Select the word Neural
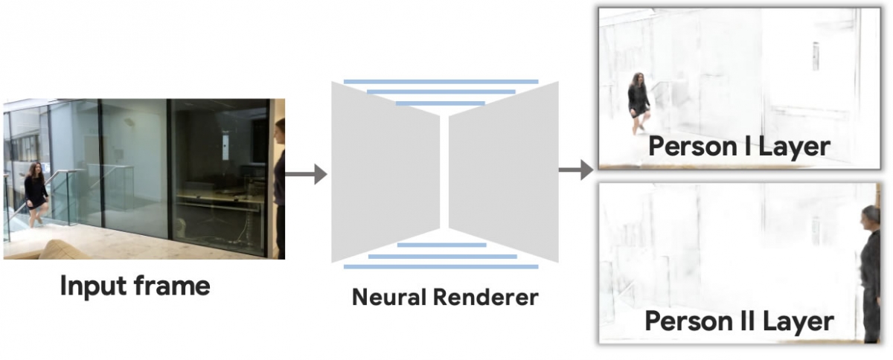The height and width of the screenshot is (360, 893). tap(390, 298)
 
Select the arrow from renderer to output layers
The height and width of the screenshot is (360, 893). tap(575, 170)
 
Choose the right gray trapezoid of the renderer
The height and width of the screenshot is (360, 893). tap(503, 171)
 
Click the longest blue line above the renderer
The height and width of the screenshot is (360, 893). tap(441, 81)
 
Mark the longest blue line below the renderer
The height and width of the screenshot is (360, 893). tap(441, 266)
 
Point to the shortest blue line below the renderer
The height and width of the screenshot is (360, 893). tap(442, 244)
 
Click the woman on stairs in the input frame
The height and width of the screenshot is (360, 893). tap(34, 191)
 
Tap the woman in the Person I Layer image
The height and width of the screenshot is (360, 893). tap(638, 102)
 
